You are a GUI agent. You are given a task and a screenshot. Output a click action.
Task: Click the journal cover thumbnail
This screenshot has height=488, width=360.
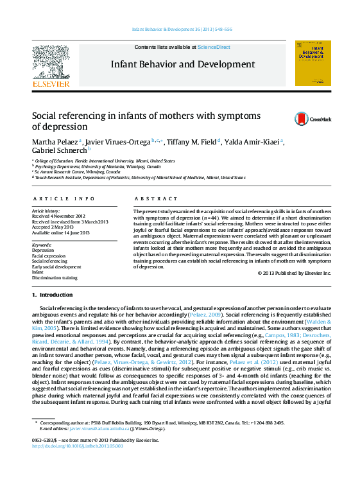(313, 63)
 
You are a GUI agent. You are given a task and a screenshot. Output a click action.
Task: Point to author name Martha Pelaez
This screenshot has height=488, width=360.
(54, 141)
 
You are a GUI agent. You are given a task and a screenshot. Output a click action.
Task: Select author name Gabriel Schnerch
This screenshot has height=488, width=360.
(59, 150)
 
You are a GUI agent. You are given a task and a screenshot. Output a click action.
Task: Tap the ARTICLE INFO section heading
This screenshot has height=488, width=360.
(64, 199)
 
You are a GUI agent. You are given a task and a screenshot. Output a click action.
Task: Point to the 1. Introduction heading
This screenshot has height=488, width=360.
(53, 294)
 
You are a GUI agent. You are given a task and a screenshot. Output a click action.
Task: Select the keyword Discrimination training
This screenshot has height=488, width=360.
(55, 278)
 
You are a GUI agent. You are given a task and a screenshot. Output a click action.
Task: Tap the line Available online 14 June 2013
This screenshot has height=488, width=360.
(61, 232)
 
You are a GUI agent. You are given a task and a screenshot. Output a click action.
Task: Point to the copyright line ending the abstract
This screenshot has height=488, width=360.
(295, 273)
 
